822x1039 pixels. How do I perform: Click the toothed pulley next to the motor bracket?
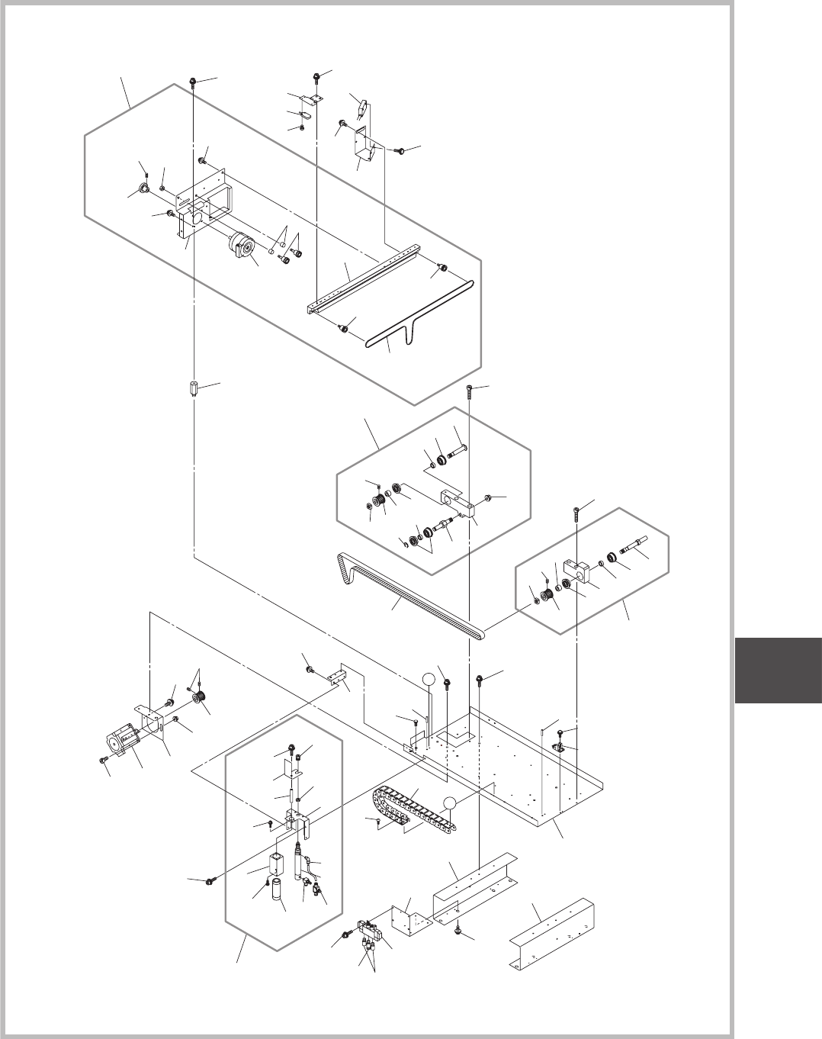pyautogui.click(x=201, y=700)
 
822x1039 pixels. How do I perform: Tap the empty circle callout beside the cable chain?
pyautogui.click(x=450, y=803)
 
